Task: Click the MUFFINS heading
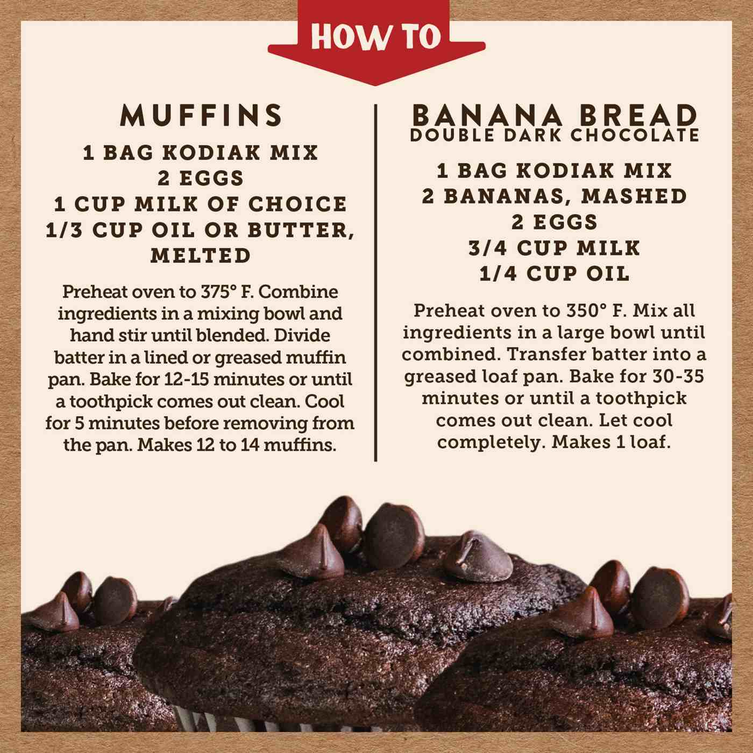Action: (x=201, y=115)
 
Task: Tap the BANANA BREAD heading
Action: (x=555, y=116)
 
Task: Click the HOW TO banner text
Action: (x=376, y=37)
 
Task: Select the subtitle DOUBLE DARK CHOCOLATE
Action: (x=555, y=135)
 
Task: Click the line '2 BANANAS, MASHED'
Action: (x=555, y=196)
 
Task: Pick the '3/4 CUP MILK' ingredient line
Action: (x=555, y=248)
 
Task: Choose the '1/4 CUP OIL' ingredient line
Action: (x=555, y=274)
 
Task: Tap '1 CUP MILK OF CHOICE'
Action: (x=201, y=204)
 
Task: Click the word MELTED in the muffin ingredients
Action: (x=201, y=256)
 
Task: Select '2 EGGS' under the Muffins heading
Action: (x=201, y=179)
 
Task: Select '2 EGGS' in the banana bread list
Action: (x=555, y=222)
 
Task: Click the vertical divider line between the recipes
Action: (x=375, y=283)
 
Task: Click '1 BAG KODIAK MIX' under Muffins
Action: (x=201, y=153)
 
